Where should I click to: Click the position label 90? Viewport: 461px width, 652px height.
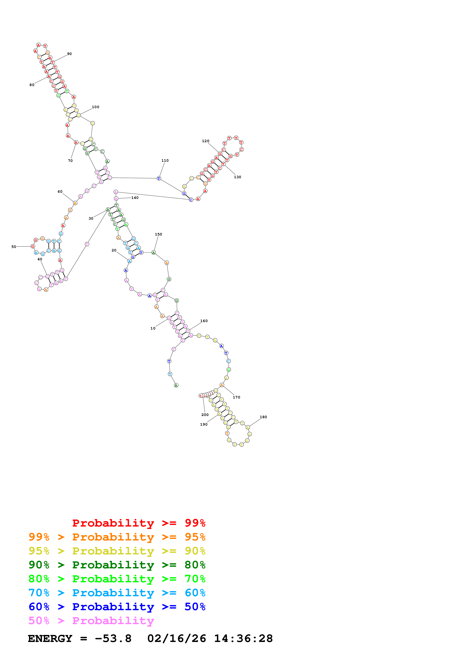point(69,54)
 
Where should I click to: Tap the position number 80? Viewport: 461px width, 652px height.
point(32,85)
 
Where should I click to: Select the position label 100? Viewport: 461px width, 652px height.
point(95,107)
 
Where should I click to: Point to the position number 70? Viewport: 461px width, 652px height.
point(70,161)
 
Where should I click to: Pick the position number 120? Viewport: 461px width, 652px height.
point(205,141)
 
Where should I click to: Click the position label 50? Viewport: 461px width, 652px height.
point(14,247)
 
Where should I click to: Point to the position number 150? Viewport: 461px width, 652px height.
point(158,234)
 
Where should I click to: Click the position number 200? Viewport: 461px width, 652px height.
point(205,415)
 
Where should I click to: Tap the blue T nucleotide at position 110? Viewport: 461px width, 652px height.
point(159,178)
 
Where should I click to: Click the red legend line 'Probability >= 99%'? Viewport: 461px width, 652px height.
point(139,523)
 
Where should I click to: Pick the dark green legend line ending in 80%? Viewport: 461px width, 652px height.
point(117,565)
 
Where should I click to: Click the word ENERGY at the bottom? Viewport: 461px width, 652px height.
point(50,639)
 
